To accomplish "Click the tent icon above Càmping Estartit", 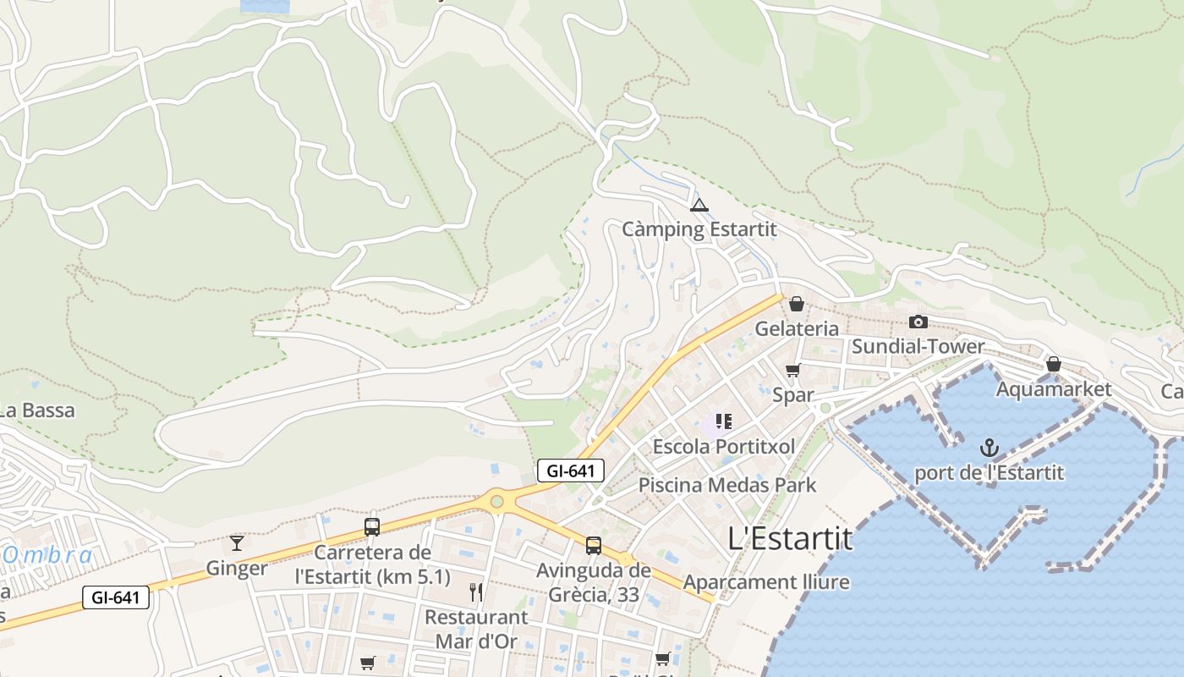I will click(699, 205).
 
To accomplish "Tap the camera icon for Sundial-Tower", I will click(918, 322).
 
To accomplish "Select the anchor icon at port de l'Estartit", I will click(989, 448).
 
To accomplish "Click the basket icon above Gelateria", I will click(796, 304).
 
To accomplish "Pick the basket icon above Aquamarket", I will click(1053, 364).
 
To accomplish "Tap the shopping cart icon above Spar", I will click(792, 370).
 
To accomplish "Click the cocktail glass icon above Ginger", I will click(236, 542).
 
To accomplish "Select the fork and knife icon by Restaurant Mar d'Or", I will click(476, 592).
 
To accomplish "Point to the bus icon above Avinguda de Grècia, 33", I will click(594, 545).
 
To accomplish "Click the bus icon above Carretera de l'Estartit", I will click(371, 526).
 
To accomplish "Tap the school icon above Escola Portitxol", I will click(723, 421).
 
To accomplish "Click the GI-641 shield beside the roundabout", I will click(571, 471).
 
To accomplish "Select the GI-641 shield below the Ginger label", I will click(116, 597).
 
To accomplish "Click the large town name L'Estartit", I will click(790, 538).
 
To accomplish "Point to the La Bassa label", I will click(37, 410).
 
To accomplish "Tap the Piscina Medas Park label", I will click(727, 485).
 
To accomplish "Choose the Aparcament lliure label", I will click(766, 582).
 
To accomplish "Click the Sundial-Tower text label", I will click(918, 346).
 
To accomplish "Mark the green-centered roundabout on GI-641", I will click(496, 502).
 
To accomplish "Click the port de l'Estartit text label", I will click(989, 473).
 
